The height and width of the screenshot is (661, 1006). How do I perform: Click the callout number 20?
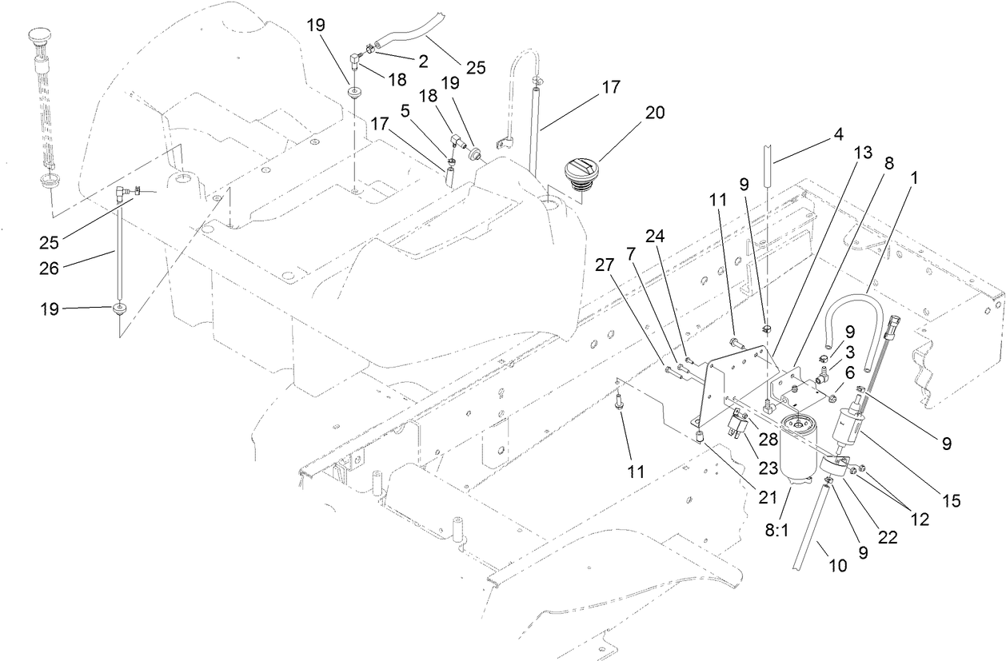pos(654,112)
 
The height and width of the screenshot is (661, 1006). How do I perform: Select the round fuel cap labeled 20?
pos(581,173)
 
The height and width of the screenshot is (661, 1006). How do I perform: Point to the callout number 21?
pos(768,497)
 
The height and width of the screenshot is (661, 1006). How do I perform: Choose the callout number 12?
pos(920,520)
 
